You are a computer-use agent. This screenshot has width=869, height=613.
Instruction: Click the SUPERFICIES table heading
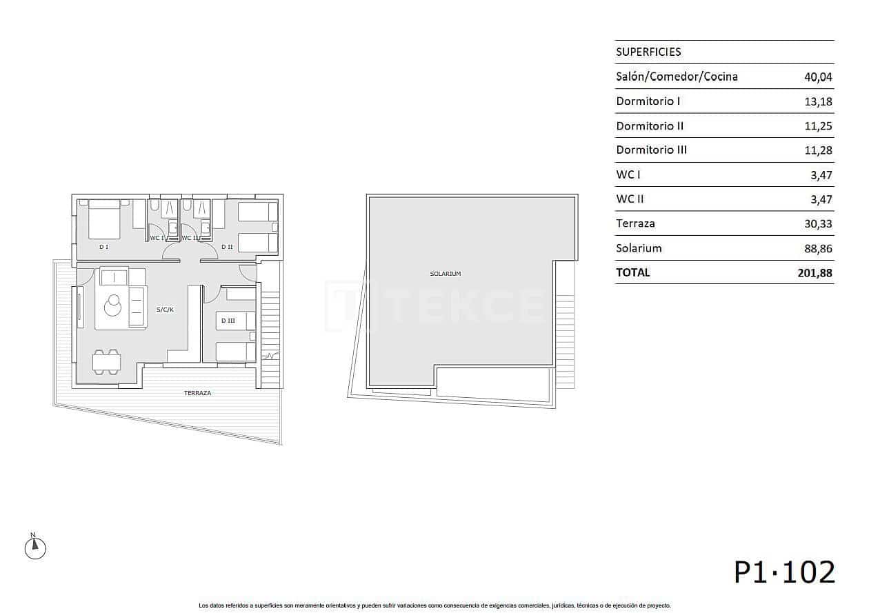648,52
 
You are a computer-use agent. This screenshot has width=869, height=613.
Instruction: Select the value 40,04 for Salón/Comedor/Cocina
818,77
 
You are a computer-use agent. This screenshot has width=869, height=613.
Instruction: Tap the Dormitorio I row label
648,101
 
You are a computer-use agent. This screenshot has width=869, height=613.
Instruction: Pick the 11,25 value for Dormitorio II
818,126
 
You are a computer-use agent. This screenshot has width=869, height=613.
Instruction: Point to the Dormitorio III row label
651,150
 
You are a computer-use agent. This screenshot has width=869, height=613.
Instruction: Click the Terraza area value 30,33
818,224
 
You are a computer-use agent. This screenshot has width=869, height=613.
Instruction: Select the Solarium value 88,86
818,248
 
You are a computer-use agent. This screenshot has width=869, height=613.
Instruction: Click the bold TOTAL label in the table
632,272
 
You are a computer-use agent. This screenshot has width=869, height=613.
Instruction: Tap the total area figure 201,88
815,273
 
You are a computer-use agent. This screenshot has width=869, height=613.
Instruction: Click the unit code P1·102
784,572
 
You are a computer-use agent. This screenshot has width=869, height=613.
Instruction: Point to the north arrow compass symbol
35,547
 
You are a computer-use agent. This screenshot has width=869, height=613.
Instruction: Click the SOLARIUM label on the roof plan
445,274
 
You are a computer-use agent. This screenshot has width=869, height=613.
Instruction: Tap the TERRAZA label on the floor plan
197,393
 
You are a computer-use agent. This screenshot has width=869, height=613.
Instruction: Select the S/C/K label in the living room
165,310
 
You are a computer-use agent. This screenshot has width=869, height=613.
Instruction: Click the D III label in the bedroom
228,321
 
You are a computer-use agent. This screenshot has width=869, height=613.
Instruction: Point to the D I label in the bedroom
103,246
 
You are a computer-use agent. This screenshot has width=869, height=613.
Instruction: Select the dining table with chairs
107,362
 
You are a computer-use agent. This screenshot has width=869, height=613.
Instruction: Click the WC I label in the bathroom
157,238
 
